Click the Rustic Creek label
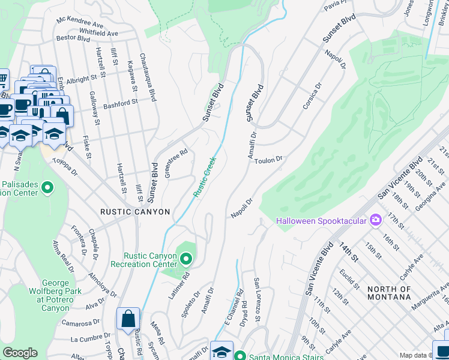pyautogui.click(x=204, y=178)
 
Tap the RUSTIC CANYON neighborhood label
pyautogui.click(x=135, y=212)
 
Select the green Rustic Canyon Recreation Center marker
pyautogui.click(x=186, y=259)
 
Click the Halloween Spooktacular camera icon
pyautogui.click(x=376, y=220)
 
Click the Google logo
pyautogui.click(x=20, y=353)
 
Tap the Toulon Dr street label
pyautogui.click(x=268, y=160)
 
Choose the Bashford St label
pyautogui.click(x=121, y=103)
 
